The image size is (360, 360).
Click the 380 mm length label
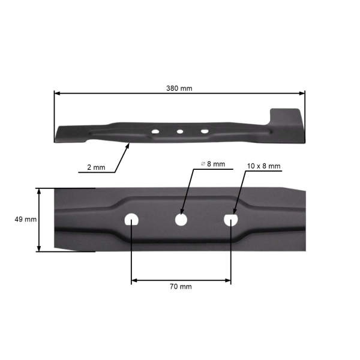179,88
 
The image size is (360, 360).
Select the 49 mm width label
25,220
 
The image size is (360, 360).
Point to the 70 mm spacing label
181,287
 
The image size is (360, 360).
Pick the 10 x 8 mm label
263,165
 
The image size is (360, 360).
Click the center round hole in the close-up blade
181,220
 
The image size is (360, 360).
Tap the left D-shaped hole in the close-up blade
131,220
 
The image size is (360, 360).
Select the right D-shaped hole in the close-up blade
231,220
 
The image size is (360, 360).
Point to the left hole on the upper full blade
155,131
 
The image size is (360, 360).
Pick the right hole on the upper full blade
205,130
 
